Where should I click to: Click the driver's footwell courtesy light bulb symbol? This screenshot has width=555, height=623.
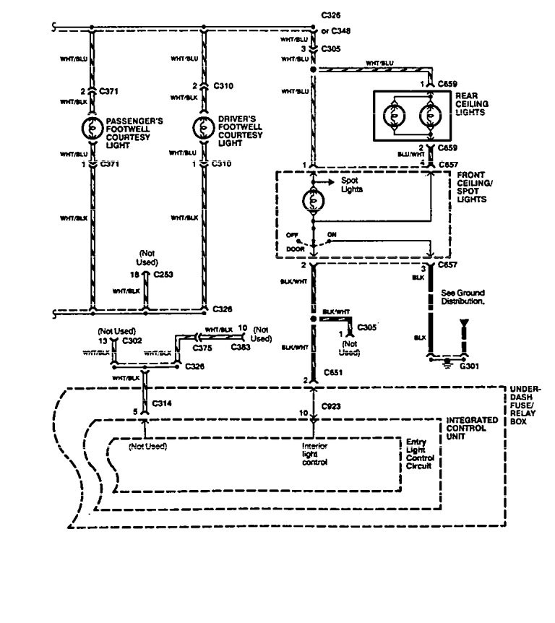pos(202,128)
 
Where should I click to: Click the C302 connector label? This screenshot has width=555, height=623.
pos(132,338)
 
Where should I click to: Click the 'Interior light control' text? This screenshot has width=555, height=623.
pos(314,455)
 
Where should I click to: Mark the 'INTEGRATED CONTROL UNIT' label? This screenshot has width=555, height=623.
pos(472,426)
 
